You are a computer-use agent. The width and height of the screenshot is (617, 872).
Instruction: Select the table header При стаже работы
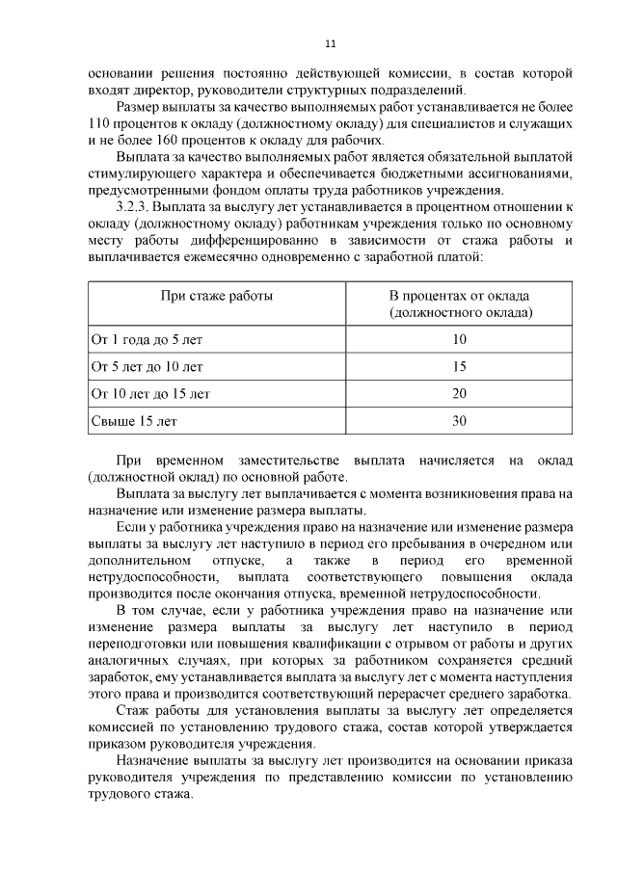216,296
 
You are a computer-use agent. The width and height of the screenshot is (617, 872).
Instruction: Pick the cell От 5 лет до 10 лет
147,366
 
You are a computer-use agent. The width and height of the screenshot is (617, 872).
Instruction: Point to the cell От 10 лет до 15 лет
150,393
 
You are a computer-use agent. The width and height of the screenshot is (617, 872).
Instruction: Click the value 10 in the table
459,339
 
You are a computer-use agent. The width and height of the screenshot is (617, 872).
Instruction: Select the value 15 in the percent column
459,366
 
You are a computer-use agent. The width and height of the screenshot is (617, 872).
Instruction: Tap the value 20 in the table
459,393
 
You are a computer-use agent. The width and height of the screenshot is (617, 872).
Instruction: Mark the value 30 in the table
459,421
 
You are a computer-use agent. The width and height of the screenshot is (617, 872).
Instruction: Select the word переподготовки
148,645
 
